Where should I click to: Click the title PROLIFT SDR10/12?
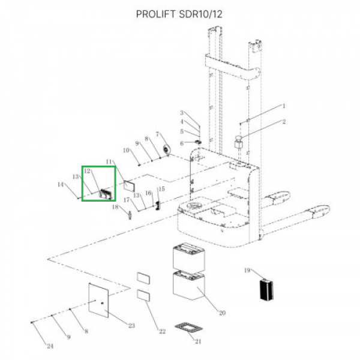click(179, 14)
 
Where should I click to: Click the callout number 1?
click(284, 106)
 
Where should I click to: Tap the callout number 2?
click(284, 121)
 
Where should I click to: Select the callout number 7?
click(157, 134)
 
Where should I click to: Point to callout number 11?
click(109, 161)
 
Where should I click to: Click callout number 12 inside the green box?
click(87, 171)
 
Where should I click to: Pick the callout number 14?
click(61, 184)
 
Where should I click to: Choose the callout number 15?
click(161, 189)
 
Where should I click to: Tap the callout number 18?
click(115, 207)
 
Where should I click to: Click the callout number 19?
click(247, 270)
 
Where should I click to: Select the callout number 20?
click(222, 313)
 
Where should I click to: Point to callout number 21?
click(198, 341)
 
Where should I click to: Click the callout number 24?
click(50, 346)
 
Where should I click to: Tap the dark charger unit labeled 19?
click(266, 290)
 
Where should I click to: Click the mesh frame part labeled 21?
click(189, 327)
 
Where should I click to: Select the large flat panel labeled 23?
click(98, 300)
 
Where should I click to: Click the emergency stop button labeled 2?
click(238, 143)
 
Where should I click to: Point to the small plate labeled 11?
click(129, 186)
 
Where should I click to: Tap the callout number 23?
click(131, 326)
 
